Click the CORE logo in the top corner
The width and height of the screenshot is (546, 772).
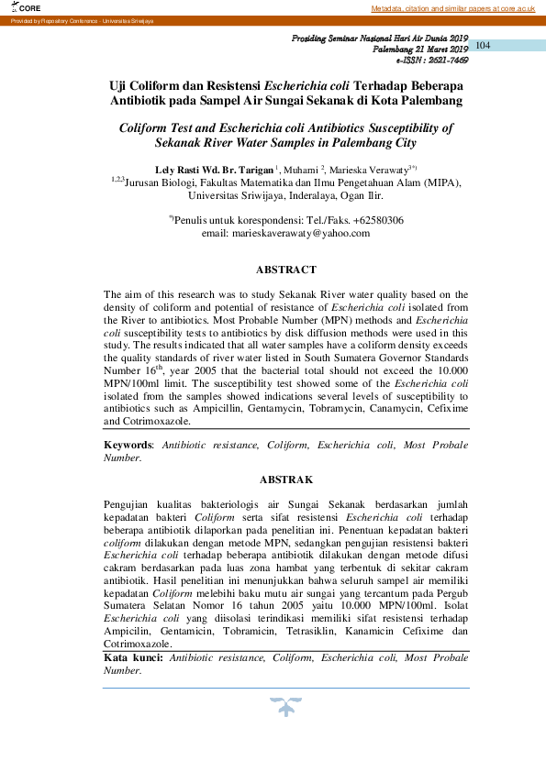coord(17,7)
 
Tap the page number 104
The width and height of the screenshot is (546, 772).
coord(485,46)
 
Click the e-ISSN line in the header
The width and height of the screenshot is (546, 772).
coord(431,59)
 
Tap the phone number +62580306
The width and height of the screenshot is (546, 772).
coord(374,220)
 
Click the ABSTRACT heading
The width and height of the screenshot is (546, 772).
coord(285,270)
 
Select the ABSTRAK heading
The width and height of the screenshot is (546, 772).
coord(285,480)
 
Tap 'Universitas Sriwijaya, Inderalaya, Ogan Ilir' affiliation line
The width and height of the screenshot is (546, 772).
coord(285,195)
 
